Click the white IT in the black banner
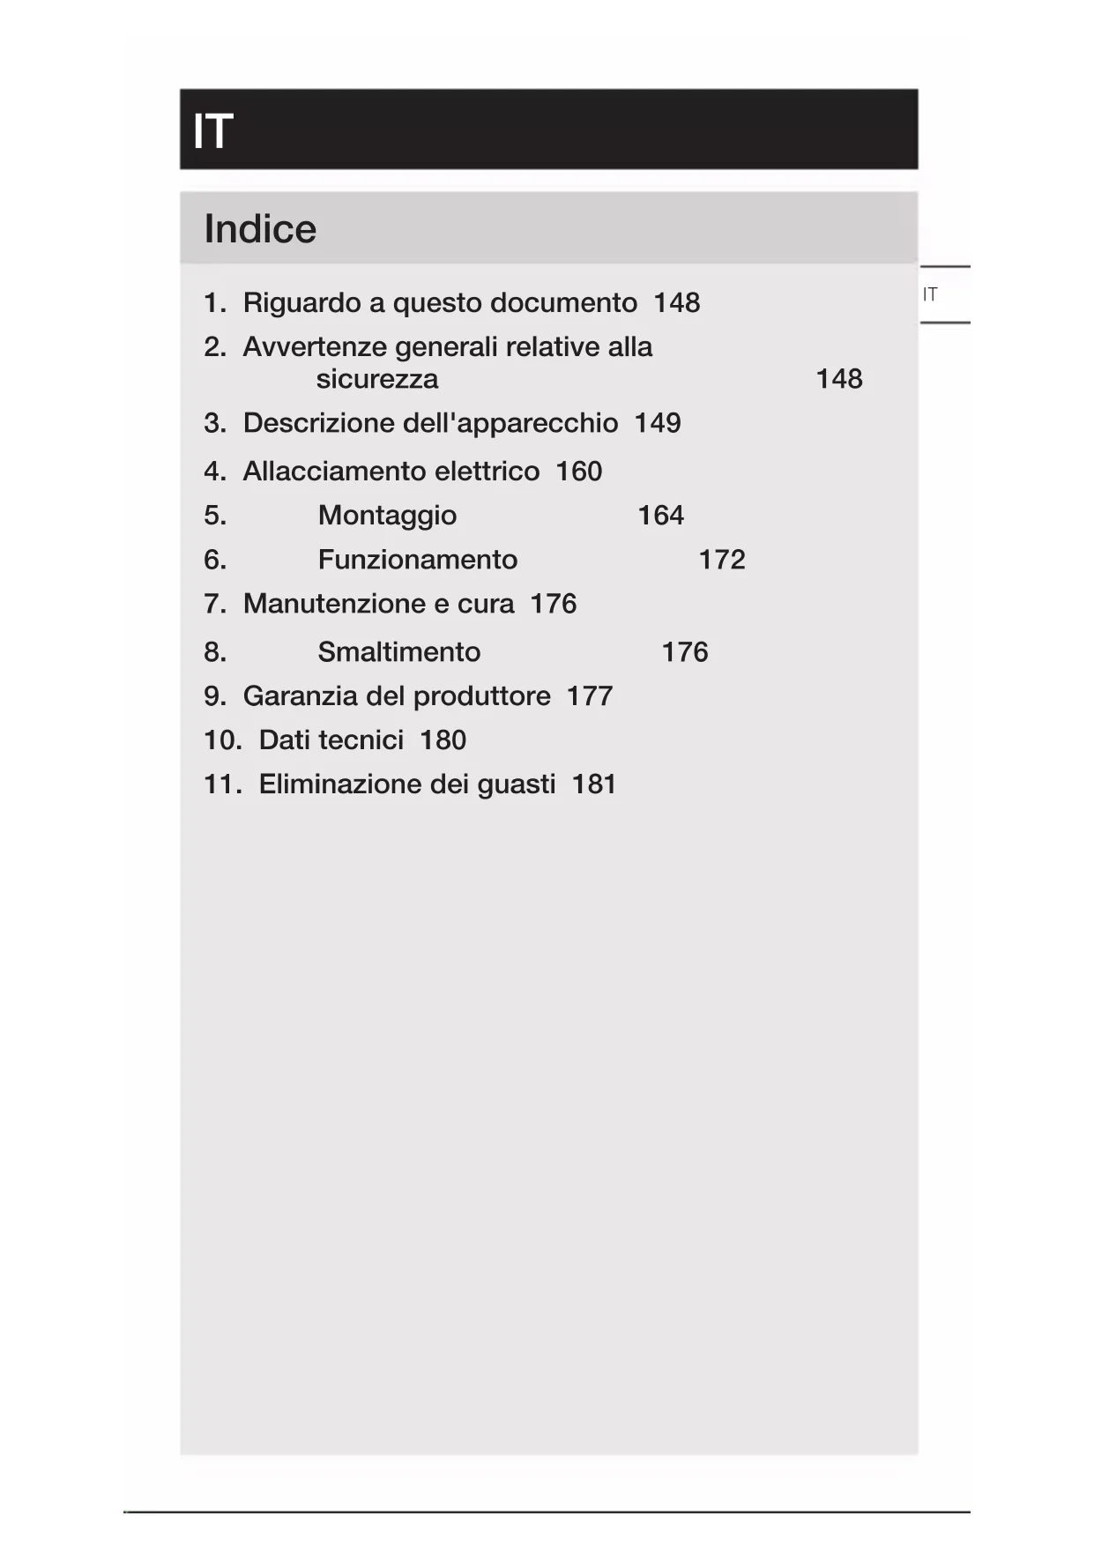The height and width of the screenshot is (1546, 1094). point(212,131)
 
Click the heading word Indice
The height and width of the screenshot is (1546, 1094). point(260,229)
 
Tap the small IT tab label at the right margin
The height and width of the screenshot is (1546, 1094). point(930,294)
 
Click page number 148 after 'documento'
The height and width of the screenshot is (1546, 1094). point(676,303)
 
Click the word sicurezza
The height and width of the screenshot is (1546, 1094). point(376,379)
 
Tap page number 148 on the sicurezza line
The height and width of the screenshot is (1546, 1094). point(838,379)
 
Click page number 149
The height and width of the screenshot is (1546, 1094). point(657,423)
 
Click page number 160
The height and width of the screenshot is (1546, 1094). point(578,472)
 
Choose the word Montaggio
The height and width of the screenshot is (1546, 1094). point(387,516)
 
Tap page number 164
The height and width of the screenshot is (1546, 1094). point(660,516)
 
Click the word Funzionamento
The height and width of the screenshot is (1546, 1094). point(417,560)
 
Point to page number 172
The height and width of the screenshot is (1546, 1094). point(721,560)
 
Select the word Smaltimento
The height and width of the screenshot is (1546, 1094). point(398,652)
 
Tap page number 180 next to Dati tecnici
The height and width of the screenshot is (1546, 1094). point(443,740)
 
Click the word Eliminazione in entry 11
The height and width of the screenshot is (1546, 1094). point(336,784)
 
